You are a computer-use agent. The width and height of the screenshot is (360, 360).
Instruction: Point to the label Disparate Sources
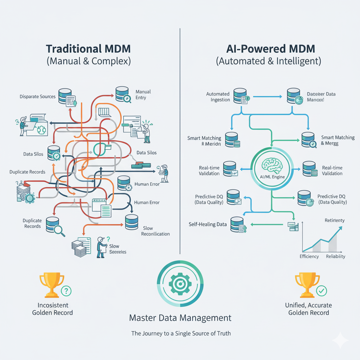[x=38, y=96]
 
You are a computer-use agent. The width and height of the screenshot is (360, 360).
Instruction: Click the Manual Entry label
[x=143, y=95]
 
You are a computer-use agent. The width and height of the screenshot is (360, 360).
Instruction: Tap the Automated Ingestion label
[x=218, y=97]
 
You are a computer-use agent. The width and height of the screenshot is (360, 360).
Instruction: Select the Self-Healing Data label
[x=208, y=224]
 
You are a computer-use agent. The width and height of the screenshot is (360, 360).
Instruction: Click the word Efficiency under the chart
[x=309, y=256]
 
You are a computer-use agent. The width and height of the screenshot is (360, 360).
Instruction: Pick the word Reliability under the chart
[x=336, y=256]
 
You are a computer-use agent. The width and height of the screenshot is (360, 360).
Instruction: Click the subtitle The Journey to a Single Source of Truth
[x=181, y=333]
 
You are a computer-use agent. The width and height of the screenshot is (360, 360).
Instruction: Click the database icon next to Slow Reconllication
[x=131, y=221]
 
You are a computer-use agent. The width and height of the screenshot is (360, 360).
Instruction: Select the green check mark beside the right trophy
[x=321, y=290]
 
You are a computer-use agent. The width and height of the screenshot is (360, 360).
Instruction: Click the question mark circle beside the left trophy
[x=66, y=290]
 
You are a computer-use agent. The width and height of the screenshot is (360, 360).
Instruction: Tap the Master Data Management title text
[x=180, y=318]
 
